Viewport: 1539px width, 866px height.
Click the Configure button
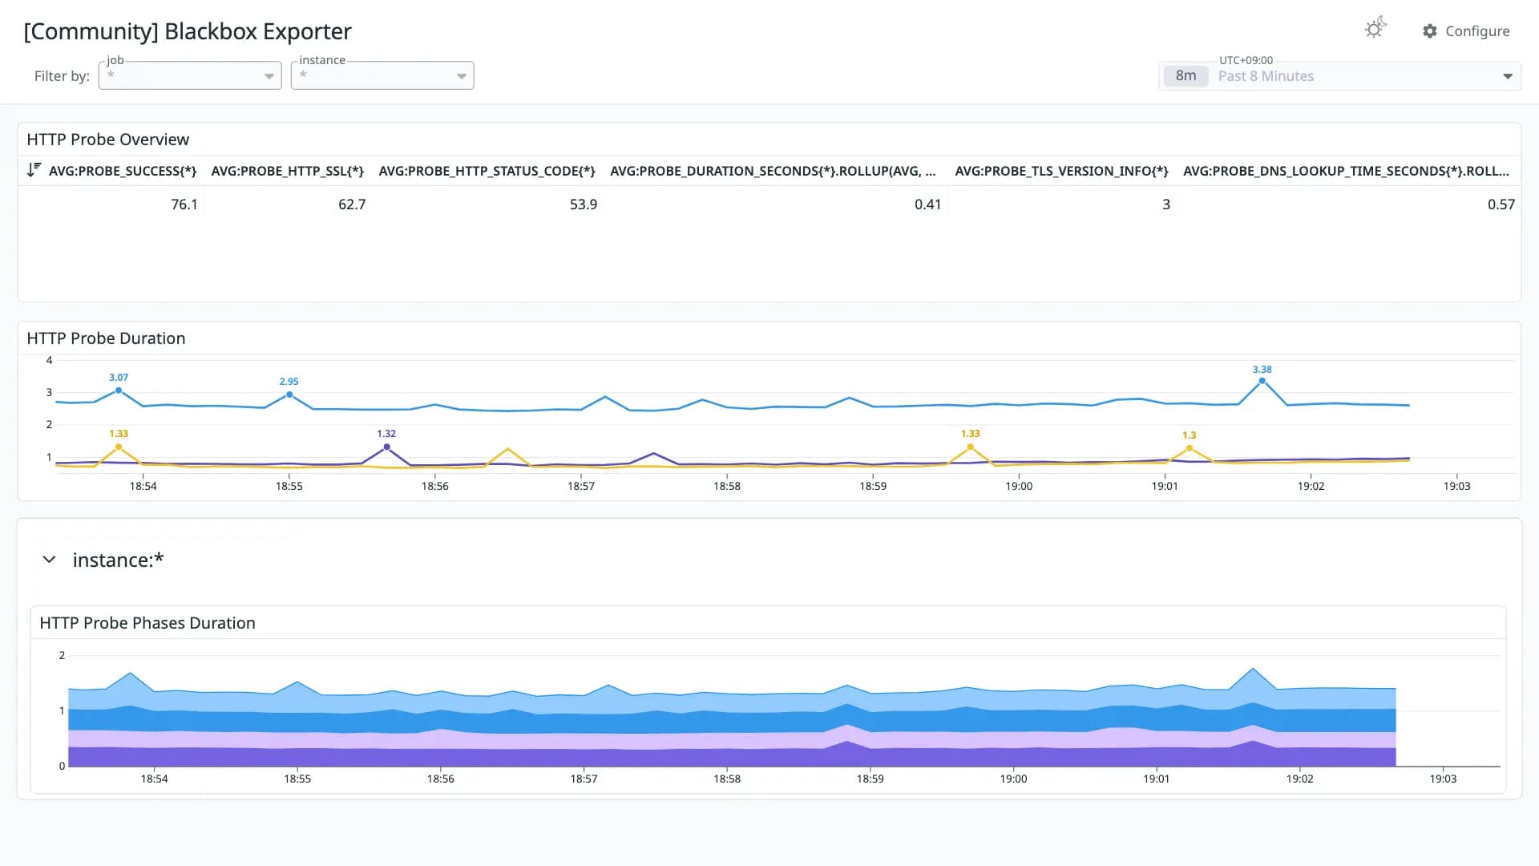[1466, 31]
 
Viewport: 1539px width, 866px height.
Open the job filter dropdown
[190, 75]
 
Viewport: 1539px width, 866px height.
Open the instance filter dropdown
[382, 75]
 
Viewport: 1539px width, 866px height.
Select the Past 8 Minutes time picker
[1339, 76]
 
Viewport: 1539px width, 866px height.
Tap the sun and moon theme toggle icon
[1375, 28]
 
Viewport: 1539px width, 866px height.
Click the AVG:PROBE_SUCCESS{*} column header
[123, 171]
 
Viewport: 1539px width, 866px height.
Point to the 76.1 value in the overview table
[184, 204]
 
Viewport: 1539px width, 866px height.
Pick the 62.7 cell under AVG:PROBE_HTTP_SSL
[352, 204]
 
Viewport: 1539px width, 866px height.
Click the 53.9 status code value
[584, 204]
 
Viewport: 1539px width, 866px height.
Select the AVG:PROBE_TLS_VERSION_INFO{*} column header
[1061, 171]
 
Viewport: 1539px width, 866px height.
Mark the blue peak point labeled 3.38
[1262, 381]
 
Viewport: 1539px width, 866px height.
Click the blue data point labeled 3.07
[119, 391]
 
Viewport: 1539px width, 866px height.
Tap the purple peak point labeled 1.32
[386, 447]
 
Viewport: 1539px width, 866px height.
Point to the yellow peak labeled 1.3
[1190, 448]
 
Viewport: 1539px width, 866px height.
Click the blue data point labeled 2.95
[289, 395]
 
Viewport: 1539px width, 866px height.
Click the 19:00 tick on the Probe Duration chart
[1019, 486]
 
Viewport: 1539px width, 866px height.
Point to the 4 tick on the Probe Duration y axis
[49, 360]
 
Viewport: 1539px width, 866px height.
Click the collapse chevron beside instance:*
[49, 560]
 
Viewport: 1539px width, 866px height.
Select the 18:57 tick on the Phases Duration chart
[584, 779]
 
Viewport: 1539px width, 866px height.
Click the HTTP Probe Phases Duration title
[147, 623]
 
